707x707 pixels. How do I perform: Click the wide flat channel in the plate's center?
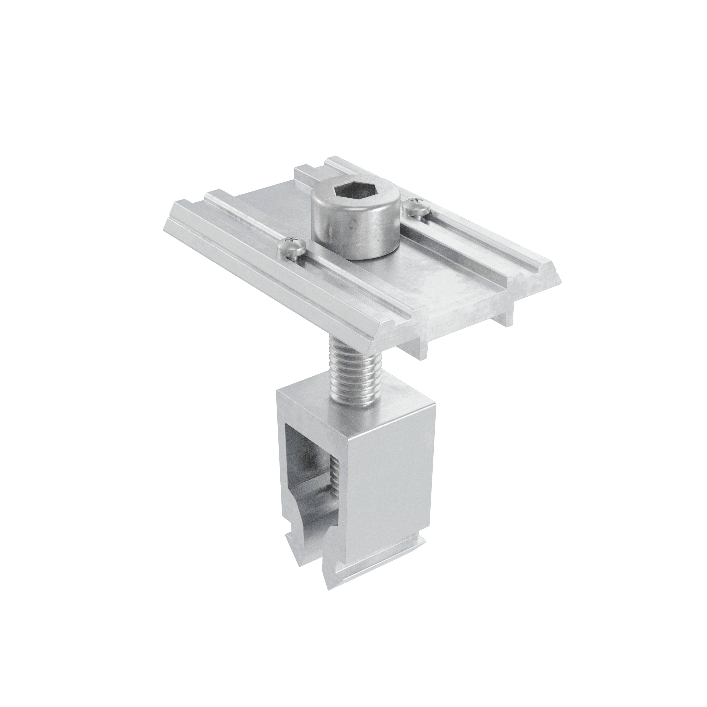click(x=421, y=278)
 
